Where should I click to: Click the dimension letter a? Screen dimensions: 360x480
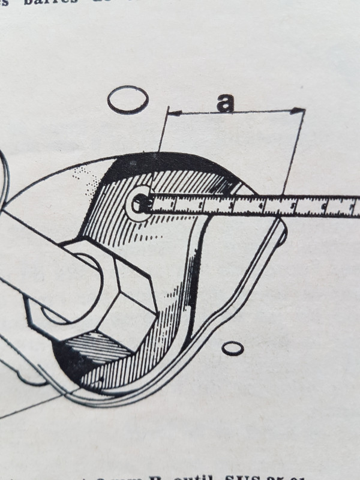225,103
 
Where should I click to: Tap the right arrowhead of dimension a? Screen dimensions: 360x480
300,110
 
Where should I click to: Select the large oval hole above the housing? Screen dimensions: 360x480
128,99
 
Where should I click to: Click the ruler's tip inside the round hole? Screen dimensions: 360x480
143,204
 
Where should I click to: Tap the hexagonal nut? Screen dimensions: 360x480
96,294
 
